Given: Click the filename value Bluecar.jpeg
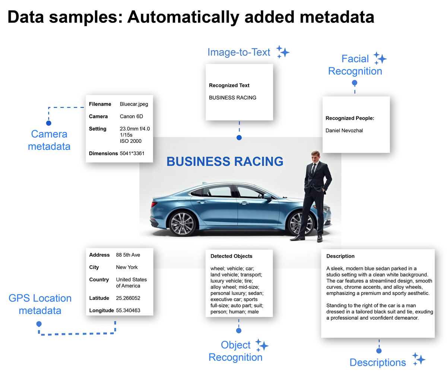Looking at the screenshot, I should click(x=134, y=104).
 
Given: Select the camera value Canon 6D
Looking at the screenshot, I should click(x=131, y=116).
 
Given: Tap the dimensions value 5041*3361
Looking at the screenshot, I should click(x=132, y=153).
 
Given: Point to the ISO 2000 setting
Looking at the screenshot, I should click(x=130, y=141).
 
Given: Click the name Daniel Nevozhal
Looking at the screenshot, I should click(x=344, y=131).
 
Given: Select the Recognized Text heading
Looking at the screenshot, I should click(x=229, y=85).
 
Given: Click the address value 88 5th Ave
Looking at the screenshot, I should click(x=128, y=255).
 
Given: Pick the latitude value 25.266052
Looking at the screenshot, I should click(x=128, y=298).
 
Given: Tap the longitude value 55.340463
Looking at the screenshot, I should click(x=128, y=310).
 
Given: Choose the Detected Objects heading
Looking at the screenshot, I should click(x=231, y=256).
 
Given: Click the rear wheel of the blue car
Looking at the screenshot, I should click(x=301, y=224).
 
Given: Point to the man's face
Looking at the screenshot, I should click(x=316, y=157).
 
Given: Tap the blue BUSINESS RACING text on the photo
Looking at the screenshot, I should click(x=225, y=162).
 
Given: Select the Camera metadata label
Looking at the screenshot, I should click(x=49, y=140).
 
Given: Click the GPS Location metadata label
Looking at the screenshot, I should click(x=40, y=304).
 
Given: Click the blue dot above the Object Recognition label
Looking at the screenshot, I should click(x=239, y=330).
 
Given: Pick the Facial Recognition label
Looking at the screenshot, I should click(x=355, y=65).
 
